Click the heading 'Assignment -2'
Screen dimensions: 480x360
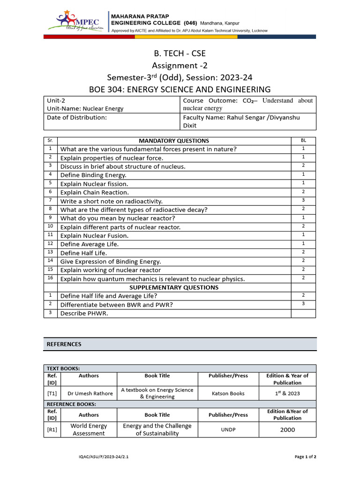(x=180, y=65)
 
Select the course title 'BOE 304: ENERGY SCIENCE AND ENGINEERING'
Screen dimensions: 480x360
(x=180, y=89)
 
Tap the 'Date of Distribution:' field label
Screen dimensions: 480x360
(x=77, y=117)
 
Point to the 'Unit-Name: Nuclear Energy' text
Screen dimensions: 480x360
(x=85, y=108)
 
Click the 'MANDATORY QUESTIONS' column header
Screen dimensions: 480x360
(x=174, y=141)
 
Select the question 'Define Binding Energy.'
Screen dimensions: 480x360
(x=93, y=175)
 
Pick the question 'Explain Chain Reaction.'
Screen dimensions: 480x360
(x=94, y=192)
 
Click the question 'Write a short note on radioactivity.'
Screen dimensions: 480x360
(x=111, y=201)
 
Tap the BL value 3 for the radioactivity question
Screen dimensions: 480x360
(x=303, y=200)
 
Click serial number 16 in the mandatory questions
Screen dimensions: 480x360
(x=50, y=278)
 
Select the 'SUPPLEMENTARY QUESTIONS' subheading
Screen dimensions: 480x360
(x=174, y=287)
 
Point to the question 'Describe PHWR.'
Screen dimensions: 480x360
(x=84, y=313)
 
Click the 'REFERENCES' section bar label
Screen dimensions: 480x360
(x=64, y=344)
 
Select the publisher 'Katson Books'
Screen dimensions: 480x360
(x=228, y=393)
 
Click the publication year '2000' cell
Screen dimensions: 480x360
(x=287, y=429)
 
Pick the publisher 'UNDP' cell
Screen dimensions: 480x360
(x=228, y=429)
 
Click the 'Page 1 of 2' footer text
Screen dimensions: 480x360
(x=305, y=456)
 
